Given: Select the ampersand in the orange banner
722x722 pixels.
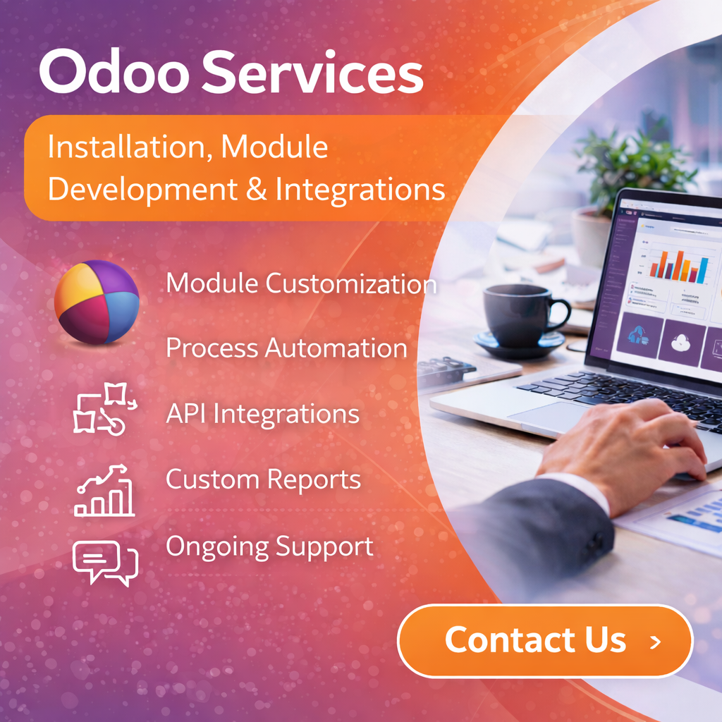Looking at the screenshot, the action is coord(256,189).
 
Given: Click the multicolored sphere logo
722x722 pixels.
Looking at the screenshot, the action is coord(97,302).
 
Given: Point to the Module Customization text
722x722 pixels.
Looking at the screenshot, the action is coord(301,283).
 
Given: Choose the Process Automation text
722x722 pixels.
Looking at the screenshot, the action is coord(286,348).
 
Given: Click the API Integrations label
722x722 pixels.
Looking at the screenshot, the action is coord(262,413).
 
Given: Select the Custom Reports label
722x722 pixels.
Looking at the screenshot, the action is coord(263,479).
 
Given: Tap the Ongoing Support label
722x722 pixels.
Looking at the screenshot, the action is coord(269,547).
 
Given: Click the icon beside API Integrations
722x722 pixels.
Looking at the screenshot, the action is coord(105,408).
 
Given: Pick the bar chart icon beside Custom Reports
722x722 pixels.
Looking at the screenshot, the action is coord(104,490).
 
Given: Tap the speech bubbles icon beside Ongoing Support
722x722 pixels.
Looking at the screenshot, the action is coord(105,563).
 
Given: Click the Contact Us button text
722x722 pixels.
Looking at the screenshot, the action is coord(536,640).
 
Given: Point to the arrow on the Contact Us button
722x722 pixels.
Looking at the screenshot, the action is coord(655,642).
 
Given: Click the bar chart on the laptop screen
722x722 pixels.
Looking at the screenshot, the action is coord(679,266).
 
